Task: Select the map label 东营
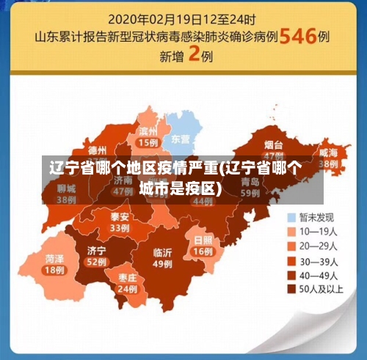(181, 139)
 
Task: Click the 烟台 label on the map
(274, 145)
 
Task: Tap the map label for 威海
(328, 152)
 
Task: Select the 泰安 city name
(120, 217)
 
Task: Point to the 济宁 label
(96, 250)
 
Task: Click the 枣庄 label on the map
(126, 278)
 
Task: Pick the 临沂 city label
(163, 253)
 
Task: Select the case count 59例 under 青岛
(250, 192)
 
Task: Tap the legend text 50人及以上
(323, 289)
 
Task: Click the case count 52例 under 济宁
(96, 261)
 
